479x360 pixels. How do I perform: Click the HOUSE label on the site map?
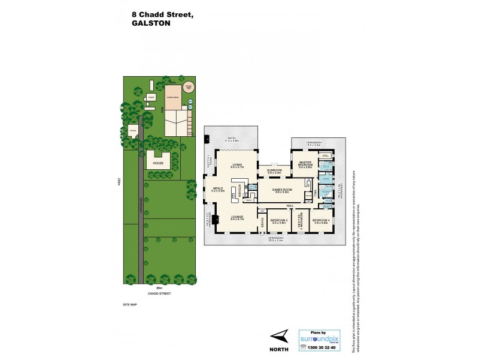pyautogui.click(x=157, y=163)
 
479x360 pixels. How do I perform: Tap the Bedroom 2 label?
pyautogui.click(x=279, y=220)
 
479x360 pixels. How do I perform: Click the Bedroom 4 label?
pyautogui.click(x=320, y=220)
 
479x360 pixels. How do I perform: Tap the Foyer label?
pyautogui.click(x=262, y=223)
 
